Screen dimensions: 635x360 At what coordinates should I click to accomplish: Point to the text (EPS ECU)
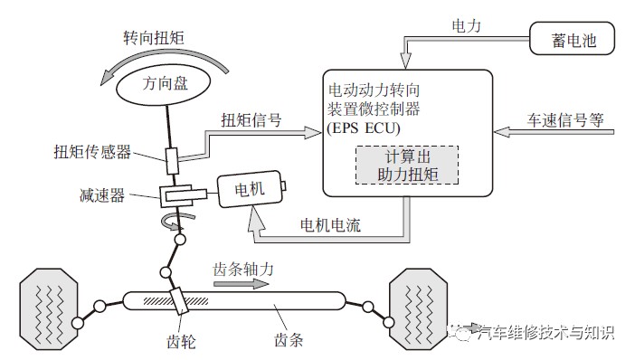[364, 128]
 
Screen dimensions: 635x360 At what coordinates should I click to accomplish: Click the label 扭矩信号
[251, 120]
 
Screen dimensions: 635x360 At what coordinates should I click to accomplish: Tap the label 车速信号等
[565, 120]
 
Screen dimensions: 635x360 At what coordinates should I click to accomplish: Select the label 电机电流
[330, 225]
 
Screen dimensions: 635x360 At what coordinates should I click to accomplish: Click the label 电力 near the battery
[466, 26]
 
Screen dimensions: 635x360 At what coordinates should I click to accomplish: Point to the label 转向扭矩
[154, 38]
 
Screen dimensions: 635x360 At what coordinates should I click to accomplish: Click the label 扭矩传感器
[92, 152]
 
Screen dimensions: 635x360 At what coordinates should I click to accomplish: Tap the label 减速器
[102, 195]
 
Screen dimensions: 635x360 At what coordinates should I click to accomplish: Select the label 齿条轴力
[243, 269]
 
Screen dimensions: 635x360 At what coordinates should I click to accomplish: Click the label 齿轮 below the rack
[181, 342]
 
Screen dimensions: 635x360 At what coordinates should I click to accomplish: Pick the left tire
[49, 309]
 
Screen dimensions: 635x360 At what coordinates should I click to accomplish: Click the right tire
[418, 309]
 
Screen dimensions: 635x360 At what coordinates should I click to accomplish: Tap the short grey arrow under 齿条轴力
[241, 284]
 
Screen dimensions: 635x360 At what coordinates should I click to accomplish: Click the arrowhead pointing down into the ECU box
[405, 61]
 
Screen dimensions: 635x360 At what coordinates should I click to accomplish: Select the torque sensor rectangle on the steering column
[172, 161]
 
